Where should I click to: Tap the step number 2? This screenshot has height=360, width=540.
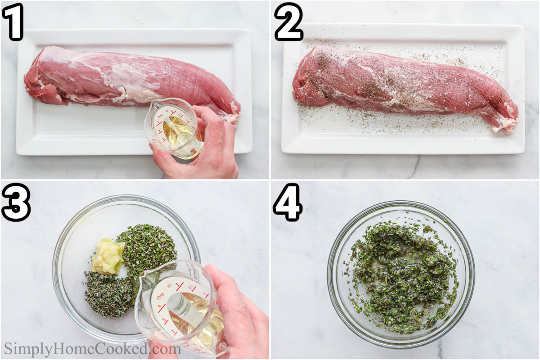(x=288, y=21)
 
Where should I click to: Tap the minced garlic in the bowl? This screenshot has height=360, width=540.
(x=108, y=256)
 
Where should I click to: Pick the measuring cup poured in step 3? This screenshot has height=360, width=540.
(x=180, y=306)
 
